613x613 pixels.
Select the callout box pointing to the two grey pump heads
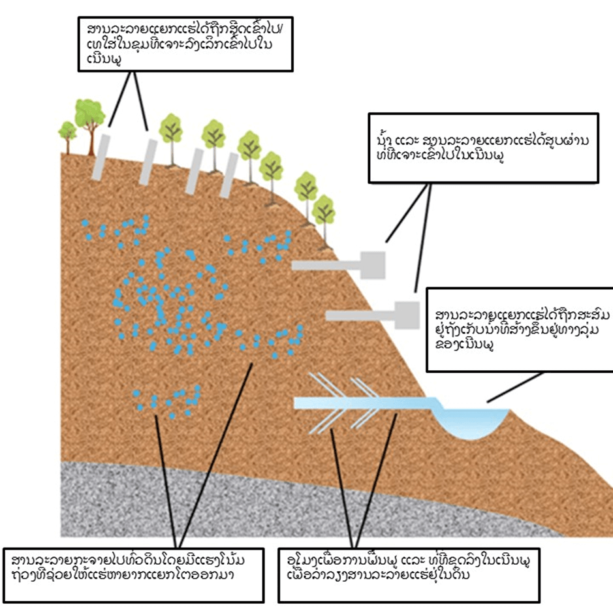483,148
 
